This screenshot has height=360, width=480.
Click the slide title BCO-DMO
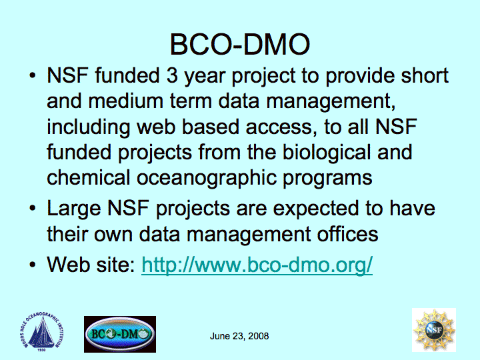[240, 45]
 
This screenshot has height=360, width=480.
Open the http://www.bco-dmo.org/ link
[257, 265]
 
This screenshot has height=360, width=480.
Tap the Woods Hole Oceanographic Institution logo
[41, 332]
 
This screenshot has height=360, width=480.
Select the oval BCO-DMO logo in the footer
[120, 334]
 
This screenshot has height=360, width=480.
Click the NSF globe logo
[434, 330]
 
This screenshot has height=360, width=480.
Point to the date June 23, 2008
[239, 336]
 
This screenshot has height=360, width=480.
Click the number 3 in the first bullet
[173, 75]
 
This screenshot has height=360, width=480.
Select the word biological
[326, 153]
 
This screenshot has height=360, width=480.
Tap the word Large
[74, 209]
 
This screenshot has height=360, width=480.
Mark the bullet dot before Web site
[33, 265]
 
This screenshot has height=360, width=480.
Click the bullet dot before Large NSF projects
[33, 209]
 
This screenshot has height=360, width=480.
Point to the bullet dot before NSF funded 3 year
[33, 75]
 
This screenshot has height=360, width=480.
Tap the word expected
[316, 209]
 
